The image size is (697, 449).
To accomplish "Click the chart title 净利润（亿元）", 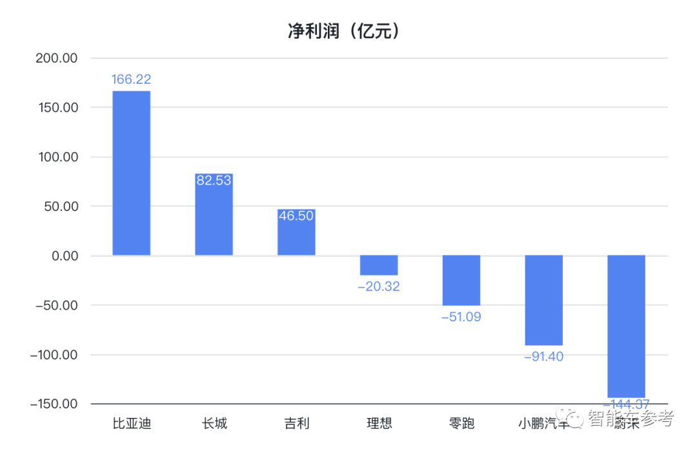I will click(344, 31).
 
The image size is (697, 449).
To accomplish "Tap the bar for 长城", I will click(214, 215).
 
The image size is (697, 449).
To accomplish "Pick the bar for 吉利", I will click(296, 232).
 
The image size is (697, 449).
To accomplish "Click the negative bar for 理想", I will click(379, 265).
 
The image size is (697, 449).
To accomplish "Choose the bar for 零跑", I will click(461, 280).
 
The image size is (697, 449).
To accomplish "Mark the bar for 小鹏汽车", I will click(543, 300).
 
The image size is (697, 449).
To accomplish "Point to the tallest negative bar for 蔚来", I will click(626, 326).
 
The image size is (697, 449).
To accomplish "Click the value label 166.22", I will click(131, 79).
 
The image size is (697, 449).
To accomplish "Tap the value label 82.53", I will click(214, 181).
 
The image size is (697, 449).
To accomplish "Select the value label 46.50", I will click(296, 216).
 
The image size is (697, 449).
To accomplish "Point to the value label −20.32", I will click(379, 286).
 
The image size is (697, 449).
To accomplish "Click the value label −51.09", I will click(461, 317).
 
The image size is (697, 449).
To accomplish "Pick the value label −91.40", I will click(543, 356).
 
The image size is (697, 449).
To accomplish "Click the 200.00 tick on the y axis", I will click(57, 58).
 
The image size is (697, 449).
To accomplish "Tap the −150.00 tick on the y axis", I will click(54, 404).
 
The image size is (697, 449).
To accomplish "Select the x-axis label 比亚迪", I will click(132, 424).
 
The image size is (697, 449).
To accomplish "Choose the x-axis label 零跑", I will click(461, 424).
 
